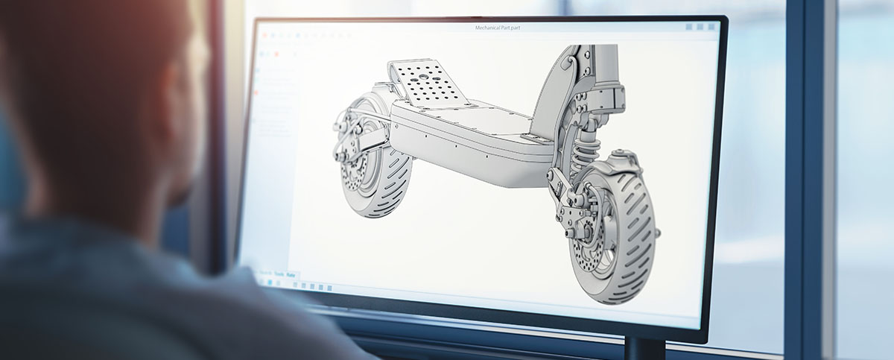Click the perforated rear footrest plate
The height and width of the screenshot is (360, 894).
428,81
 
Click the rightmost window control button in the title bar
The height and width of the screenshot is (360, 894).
710,27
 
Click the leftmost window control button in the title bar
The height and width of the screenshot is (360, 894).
688,27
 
